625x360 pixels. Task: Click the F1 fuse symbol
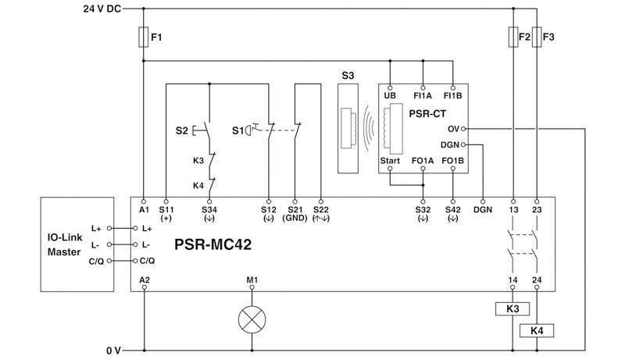click(x=144, y=36)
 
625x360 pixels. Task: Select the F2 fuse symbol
click(x=513, y=36)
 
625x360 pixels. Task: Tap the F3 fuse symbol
click(x=536, y=36)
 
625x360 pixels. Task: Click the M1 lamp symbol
click(x=251, y=319)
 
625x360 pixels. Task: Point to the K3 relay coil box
click(x=513, y=308)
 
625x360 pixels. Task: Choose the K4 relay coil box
click(x=536, y=330)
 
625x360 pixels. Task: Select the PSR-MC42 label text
click(x=209, y=243)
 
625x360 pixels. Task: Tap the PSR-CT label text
click(x=427, y=113)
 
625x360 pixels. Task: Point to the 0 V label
click(x=114, y=351)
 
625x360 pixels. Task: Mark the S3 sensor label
click(x=347, y=75)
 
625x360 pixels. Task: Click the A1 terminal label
click(x=144, y=209)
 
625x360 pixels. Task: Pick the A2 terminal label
click(x=144, y=278)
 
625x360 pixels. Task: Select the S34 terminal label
click(x=209, y=209)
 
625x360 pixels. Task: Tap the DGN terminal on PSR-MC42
click(x=484, y=209)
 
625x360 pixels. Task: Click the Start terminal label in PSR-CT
click(x=390, y=161)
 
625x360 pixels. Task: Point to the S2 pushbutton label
click(x=181, y=130)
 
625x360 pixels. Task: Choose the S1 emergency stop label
click(x=237, y=130)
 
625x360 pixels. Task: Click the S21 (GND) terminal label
click(x=295, y=213)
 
